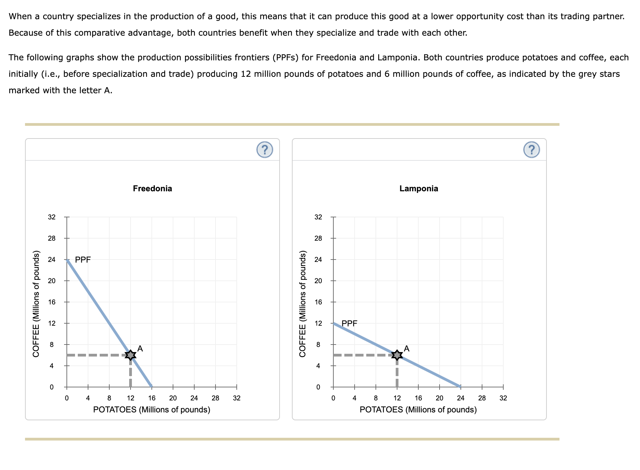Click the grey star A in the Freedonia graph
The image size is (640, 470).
130,355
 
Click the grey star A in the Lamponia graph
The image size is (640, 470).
397,355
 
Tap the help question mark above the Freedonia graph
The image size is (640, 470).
264,150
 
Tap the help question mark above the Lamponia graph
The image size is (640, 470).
531,150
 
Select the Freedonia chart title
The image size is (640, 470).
152,189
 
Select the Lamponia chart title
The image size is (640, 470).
419,189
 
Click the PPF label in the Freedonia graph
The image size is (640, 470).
83,260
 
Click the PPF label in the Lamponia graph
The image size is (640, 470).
349,323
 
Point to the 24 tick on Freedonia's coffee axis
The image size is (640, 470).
52,260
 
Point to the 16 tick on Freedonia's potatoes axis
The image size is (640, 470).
152,398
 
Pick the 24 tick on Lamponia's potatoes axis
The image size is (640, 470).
461,398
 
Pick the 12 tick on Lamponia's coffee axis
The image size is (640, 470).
318,323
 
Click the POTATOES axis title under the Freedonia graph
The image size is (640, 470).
152,410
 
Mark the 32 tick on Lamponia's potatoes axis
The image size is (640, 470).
503,398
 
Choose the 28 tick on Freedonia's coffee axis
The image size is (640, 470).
52,238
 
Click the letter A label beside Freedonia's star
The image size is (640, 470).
140,349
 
